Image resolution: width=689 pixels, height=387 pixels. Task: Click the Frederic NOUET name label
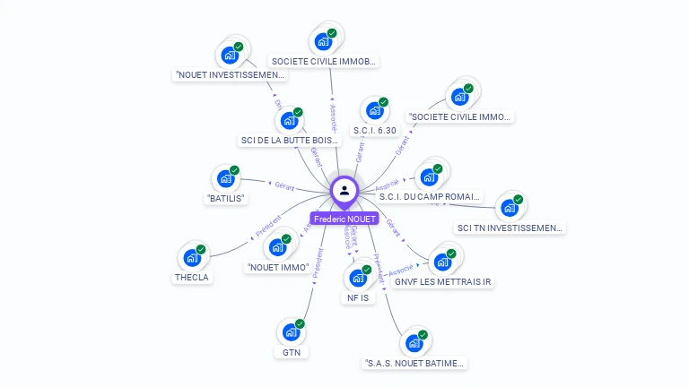pyautogui.click(x=344, y=219)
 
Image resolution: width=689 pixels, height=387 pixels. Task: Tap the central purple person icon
pyautogui.click(x=344, y=190)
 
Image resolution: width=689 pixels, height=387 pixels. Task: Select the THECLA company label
pyautogui.click(x=191, y=277)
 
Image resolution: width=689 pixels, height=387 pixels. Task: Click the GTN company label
pyautogui.click(x=291, y=352)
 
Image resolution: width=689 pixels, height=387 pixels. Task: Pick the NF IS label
pyautogui.click(x=358, y=297)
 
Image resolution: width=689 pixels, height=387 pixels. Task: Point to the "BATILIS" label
pyautogui.click(x=226, y=198)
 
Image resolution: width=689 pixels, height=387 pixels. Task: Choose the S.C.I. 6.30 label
pyautogui.click(x=375, y=130)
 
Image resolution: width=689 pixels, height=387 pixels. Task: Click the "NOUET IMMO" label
pyautogui.click(x=277, y=267)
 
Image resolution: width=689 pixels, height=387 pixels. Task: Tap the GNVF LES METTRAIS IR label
pyautogui.click(x=443, y=281)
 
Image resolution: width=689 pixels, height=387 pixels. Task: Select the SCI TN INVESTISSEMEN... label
pyautogui.click(x=510, y=228)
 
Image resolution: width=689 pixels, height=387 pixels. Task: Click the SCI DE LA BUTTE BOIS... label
pyautogui.click(x=291, y=140)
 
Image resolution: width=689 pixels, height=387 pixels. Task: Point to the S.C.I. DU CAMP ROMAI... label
pyautogui.click(x=430, y=196)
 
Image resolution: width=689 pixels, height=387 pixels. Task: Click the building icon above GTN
pyautogui.click(x=290, y=332)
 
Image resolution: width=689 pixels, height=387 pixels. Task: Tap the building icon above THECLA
pyautogui.click(x=191, y=258)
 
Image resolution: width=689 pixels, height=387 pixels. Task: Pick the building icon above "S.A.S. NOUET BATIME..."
pyautogui.click(x=414, y=343)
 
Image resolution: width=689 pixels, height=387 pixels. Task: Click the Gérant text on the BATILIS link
pyautogui.click(x=284, y=185)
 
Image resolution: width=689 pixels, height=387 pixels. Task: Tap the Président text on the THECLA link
pyautogui.click(x=267, y=225)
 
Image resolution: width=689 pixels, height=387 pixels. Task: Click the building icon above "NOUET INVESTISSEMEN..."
pyautogui.click(x=230, y=56)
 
